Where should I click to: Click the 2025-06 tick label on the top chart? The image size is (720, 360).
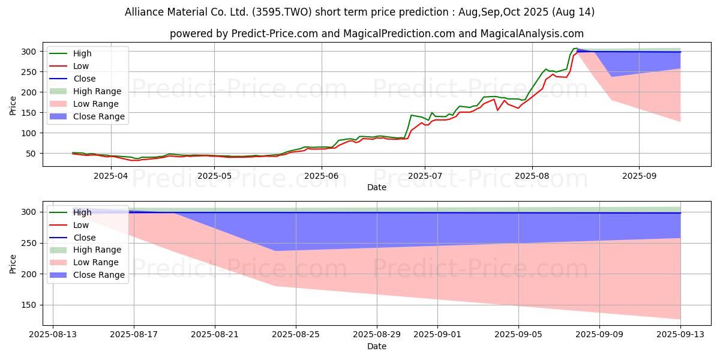click(x=321, y=176)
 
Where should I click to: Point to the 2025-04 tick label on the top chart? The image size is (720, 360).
click(x=111, y=176)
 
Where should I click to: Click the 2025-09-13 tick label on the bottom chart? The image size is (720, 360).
click(x=680, y=334)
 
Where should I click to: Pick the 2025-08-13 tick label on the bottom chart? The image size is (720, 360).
click(x=53, y=334)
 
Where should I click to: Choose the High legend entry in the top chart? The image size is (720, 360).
click(x=82, y=53)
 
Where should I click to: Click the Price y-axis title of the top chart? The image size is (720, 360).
click(x=13, y=104)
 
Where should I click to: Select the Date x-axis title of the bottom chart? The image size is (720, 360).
click(x=376, y=346)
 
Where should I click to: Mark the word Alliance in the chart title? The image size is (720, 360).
click(x=144, y=12)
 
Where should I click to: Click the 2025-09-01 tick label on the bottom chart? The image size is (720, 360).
click(x=437, y=334)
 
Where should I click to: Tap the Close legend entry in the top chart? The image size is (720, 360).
click(x=84, y=79)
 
